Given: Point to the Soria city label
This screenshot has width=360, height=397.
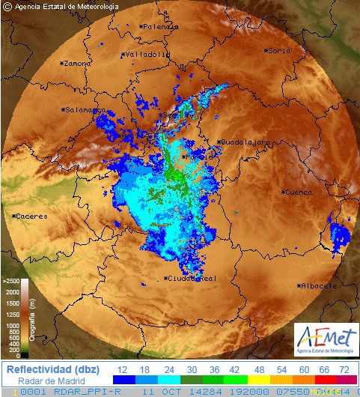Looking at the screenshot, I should [278, 50].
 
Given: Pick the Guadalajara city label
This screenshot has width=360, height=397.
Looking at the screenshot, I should [244, 141].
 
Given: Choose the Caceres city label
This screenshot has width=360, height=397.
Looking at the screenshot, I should [31, 216].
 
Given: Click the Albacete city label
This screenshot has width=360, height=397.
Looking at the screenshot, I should [319, 285].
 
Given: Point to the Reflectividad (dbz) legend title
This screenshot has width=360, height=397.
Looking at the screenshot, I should [52, 369].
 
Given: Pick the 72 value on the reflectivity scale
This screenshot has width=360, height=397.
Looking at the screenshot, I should [344, 369].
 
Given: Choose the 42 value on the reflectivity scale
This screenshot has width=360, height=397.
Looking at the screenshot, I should [234, 369].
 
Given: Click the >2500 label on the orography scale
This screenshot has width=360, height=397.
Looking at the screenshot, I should [11, 281].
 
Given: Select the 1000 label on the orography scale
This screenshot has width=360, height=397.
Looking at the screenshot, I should [13, 326].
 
